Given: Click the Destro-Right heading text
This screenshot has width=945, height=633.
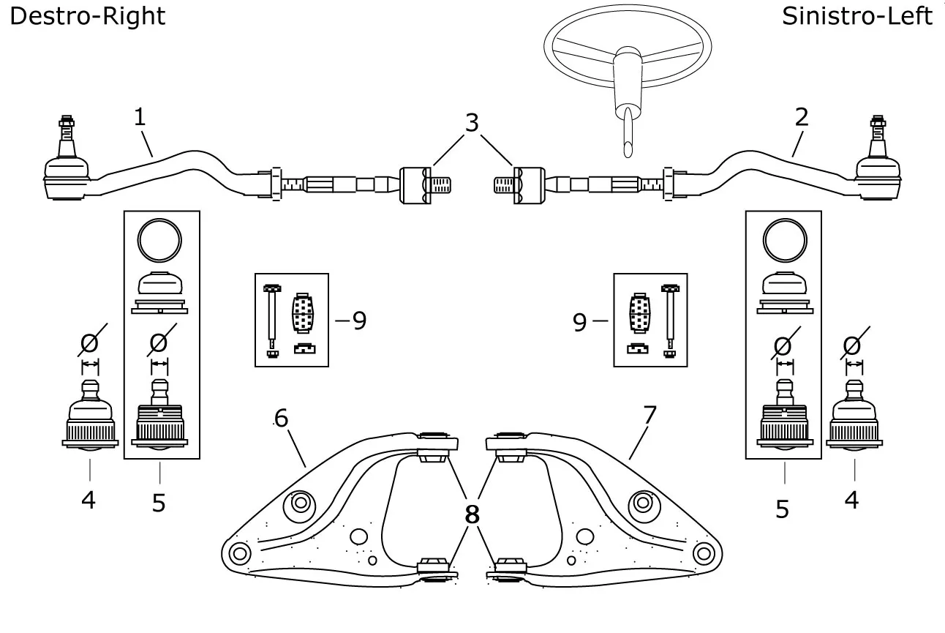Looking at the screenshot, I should point(87,16).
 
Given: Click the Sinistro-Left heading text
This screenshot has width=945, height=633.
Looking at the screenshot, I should point(856,16).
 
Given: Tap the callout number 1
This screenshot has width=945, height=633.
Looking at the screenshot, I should point(139,116).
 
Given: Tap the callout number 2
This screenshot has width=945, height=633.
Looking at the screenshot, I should point(802,117).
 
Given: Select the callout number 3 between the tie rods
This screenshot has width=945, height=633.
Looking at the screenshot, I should point(472,123).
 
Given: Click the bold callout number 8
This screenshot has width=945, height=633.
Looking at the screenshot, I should point(472,514).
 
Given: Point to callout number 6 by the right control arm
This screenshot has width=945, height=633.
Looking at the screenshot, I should point(282,418).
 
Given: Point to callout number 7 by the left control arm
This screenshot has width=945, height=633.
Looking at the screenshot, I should point(650,415).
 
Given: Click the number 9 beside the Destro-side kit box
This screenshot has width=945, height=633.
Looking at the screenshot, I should point(358,321).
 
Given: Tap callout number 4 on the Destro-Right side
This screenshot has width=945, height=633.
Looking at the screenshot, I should point(89,500).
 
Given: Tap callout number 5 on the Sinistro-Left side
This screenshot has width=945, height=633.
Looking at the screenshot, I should point(783,509).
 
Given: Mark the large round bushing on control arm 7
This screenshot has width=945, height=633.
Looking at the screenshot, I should point(642,503).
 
